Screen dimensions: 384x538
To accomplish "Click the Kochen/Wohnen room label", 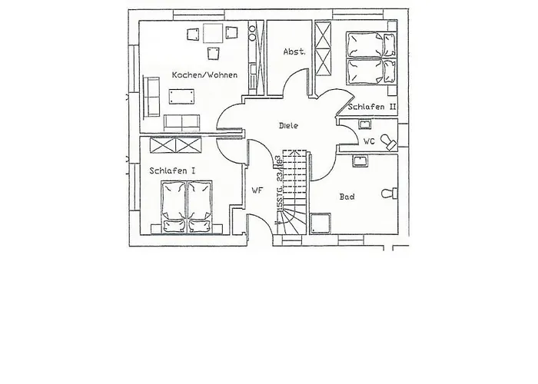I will click(x=204, y=75).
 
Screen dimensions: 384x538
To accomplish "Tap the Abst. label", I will click(x=294, y=51).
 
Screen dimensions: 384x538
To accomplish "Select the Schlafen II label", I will click(x=371, y=107).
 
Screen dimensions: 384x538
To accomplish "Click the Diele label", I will click(x=289, y=125).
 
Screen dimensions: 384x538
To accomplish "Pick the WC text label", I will click(x=368, y=141).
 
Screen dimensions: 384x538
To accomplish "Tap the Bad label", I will click(x=347, y=197).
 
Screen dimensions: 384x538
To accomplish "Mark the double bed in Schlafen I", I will click(x=187, y=205).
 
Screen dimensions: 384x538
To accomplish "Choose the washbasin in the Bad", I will click(x=360, y=161).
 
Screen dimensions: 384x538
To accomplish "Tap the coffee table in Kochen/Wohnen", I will click(x=183, y=95).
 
